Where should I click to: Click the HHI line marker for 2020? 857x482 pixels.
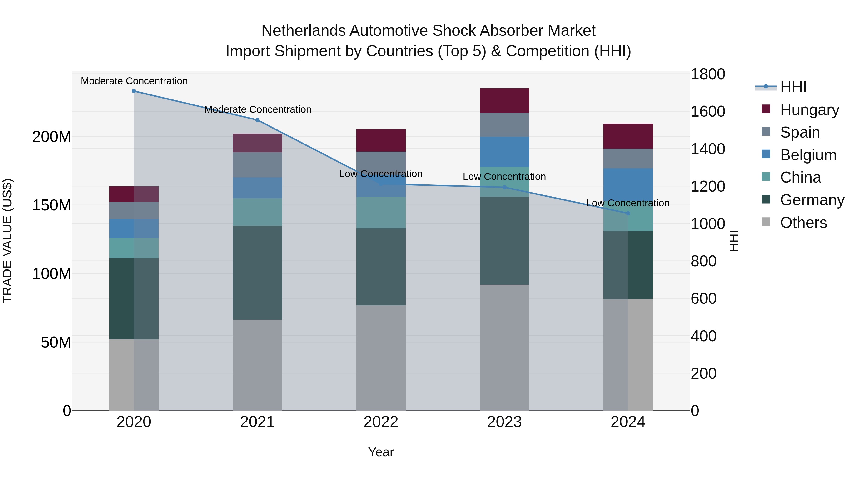[134, 91]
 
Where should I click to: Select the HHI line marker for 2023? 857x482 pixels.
[504, 187]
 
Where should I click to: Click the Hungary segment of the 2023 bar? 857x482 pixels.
[504, 100]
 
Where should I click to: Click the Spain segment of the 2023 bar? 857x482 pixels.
[504, 125]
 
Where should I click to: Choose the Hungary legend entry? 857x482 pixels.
[809, 110]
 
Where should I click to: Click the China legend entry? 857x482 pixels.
[800, 177]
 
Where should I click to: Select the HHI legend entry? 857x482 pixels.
[793, 87]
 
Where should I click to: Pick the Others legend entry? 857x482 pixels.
[803, 223]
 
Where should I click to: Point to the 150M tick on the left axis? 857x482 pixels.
[52, 205]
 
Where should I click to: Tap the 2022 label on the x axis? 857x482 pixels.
[381, 422]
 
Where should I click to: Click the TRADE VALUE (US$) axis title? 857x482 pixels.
[8, 241]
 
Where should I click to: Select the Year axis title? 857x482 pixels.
[381, 452]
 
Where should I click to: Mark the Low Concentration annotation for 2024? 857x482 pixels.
[628, 203]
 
